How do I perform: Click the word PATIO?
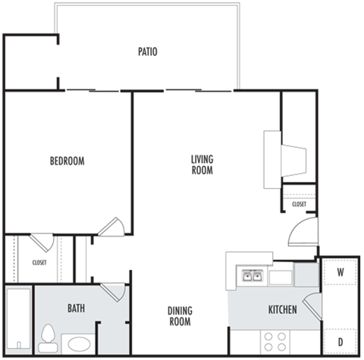tap(147, 52)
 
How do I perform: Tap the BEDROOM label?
tap(67, 161)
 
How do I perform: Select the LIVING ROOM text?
tap(202, 164)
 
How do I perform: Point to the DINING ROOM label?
tap(180, 315)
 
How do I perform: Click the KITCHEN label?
tap(282, 310)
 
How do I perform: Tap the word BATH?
tap(76, 308)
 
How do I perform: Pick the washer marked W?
tap(340, 272)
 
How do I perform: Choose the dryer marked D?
tap(340, 342)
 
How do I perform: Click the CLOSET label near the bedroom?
tap(39, 262)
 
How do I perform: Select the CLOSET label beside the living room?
tap(299, 204)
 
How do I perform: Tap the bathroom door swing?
tap(115, 290)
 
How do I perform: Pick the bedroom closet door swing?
tap(41, 243)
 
